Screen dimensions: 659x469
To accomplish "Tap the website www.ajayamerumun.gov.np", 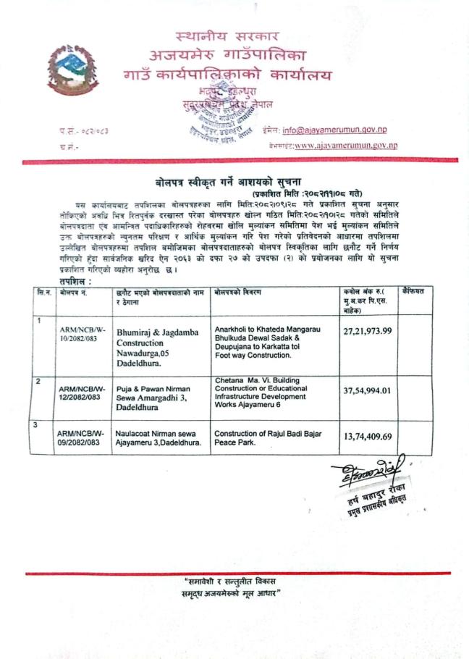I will [x=345, y=145].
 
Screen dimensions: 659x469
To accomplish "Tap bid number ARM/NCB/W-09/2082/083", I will [x=81, y=437].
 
